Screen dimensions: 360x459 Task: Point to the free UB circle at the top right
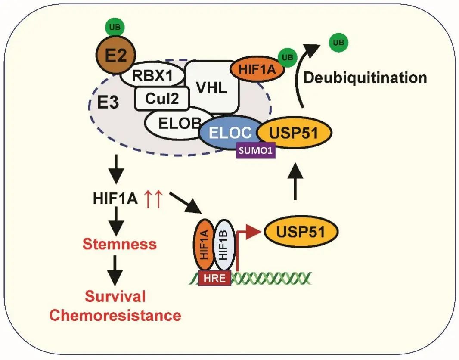pyautogui.click(x=338, y=43)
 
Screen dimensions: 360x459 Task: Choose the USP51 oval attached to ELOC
pyautogui.click(x=294, y=133)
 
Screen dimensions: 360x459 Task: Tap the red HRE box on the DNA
pyautogui.click(x=214, y=278)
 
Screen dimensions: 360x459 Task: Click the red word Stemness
pyautogui.click(x=119, y=244)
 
